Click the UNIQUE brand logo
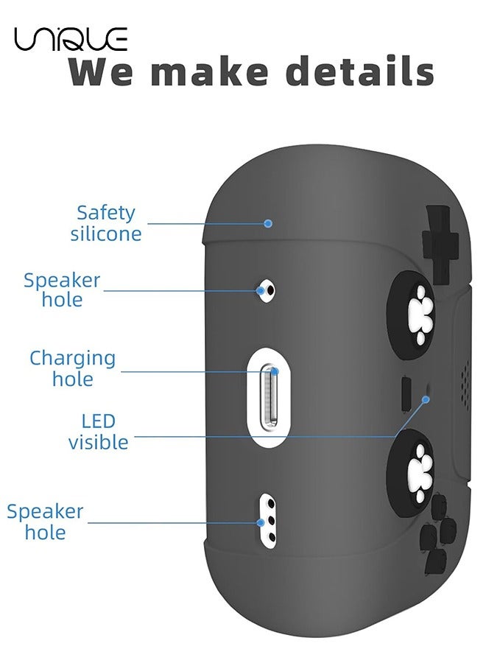pos(70,38)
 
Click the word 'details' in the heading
pos(359,72)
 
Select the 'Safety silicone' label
pos(106,223)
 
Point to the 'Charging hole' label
pos(72,368)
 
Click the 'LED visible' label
pos(98,432)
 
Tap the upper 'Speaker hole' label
pos(62,290)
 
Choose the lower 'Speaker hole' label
pos(45,522)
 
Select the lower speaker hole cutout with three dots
pos(268,522)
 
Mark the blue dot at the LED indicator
pos(425,399)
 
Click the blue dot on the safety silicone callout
pos(269,222)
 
